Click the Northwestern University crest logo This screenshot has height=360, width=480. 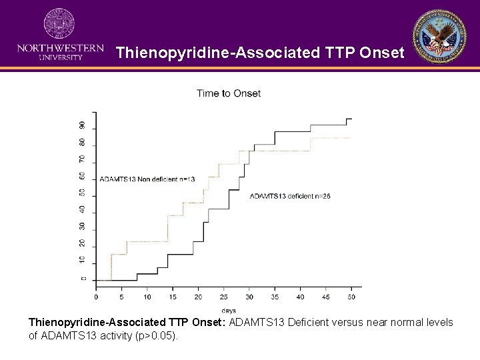coord(59,23)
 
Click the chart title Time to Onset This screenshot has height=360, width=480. coord(229,93)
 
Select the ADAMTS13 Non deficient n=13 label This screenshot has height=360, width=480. coord(147,179)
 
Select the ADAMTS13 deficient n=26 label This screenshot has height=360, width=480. coord(290,195)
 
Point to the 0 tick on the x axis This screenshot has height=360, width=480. coord(96,297)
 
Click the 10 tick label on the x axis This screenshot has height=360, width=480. coord(147,297)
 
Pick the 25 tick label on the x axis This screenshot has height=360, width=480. coord(223,297)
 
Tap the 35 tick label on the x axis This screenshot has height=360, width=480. coord(275,297)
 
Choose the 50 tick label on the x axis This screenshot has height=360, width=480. coord(351,297)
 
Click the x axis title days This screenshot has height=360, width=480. coord(229,310)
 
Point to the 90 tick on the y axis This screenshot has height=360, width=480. coord(83,125)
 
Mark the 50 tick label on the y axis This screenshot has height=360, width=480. coord(83,193)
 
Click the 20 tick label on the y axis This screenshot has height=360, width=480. coord(83,243)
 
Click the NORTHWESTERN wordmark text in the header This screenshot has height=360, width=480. coord(60,48)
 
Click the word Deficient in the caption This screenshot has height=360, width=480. coord(309,323)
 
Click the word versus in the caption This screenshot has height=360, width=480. coord(347,323)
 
